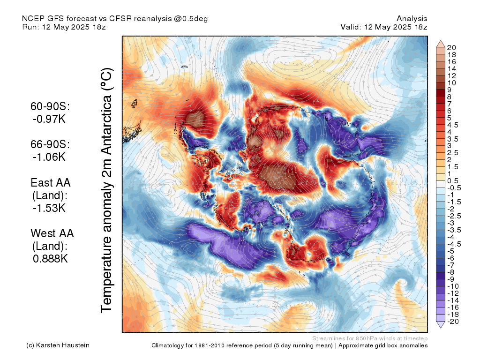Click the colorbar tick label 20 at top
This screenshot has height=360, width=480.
pyautogui.click(x=452, y=47)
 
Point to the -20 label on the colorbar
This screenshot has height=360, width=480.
pyautogui.click(x=453, y=321)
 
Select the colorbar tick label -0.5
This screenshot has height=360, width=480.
pyautogui.click(x=455, y=187)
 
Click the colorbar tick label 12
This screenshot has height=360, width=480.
pyautogui.click(x=452, y=75)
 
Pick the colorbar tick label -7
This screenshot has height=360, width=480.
pyautogui.click(x=451, y=265)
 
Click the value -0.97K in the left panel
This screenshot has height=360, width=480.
pyautogui.click(x=49, y=119)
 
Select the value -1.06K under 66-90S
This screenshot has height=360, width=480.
pyautogui.click(x=49, y=157)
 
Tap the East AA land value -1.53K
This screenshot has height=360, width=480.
pyautogui.click(x=49, y=208)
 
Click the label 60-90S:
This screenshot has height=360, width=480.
pyautogui.click(x=50, y=107)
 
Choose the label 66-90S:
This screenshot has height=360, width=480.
pyautogui.click(x=50, y=145)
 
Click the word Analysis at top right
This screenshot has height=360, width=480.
pyautogui.click(x=412, y=18)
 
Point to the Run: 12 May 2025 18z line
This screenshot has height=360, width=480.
pyautogui.click(x=64, y=27)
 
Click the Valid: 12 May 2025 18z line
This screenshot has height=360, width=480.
pyautogui.click(x=384, y=27)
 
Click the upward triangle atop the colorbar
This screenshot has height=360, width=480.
pyautogui.click(x=441, y=44)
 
